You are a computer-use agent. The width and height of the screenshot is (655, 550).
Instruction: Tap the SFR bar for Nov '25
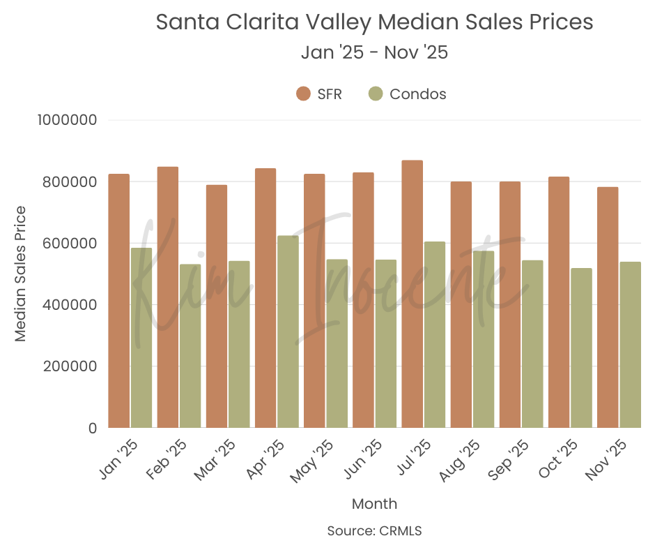click(x=608, y=308)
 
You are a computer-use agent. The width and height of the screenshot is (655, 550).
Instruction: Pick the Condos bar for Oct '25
click(x=581, y=348)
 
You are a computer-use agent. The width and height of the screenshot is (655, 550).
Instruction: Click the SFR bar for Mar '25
click(x=216, y=306)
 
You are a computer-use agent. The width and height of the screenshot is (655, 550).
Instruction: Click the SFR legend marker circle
click(x=303, y=94)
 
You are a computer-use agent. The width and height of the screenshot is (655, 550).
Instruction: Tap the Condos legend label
click(x=418, y=94)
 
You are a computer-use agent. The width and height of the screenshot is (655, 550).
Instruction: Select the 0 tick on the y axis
click(x=91, y=428)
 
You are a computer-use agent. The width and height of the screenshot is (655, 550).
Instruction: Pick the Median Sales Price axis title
click(x=20, y=274)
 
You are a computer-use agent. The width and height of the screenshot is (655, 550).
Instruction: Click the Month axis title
click(x=374, y=504)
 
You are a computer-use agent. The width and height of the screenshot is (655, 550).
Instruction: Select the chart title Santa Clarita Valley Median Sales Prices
click(x=374, y=22)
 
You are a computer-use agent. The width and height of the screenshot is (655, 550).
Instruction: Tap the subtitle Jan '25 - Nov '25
click(x=374, y=52)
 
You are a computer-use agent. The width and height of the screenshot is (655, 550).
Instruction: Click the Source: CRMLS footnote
click(x=374, y=531)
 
